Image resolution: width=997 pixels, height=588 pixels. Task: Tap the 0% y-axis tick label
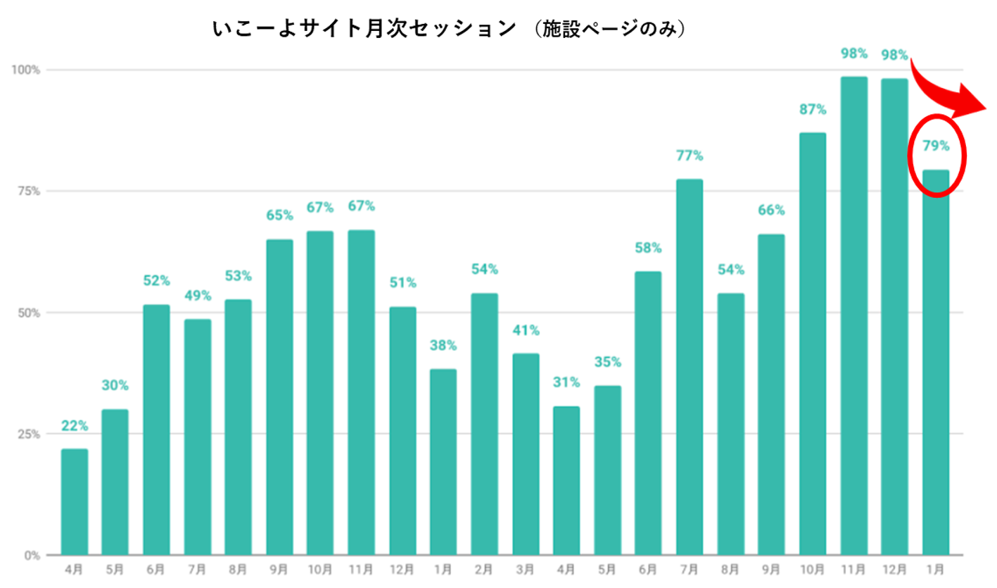(32, 555)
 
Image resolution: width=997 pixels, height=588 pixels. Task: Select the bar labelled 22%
(75, 501)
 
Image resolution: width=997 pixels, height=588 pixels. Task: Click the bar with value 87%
(813, 344)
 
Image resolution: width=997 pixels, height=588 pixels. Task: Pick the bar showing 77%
(690, 367)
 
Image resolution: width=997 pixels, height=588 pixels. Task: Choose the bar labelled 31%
(566, 480)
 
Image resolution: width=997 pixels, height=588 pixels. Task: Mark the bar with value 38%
(443, 462)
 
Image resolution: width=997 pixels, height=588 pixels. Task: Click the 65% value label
(279, 215)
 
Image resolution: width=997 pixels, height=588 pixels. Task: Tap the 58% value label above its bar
(648, 247)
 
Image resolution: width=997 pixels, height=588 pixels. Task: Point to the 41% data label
(526, 330)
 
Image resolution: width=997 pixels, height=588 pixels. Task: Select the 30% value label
(115, 385)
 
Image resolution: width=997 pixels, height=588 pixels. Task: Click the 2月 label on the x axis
(485, 568)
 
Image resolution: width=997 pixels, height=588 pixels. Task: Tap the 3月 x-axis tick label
(526, 568)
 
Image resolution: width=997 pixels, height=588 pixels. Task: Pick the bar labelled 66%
(771, 394)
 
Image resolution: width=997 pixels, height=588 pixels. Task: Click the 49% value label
(198, 295)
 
